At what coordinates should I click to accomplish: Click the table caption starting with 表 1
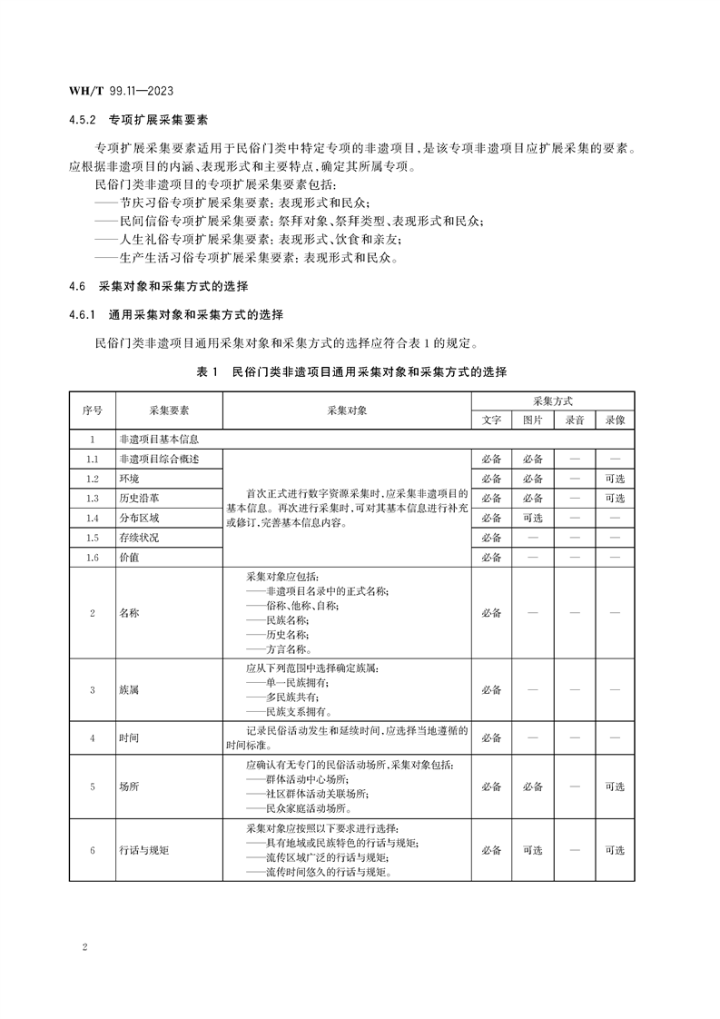pos(351,372)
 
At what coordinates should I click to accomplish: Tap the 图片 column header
pos(532,420)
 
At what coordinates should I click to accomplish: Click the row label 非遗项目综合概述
pos(158,459)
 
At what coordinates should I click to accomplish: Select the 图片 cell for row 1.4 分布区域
pos(532,518)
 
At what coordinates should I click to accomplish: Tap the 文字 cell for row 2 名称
pos(491,613)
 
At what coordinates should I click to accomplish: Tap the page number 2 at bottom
pos(84,948)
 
